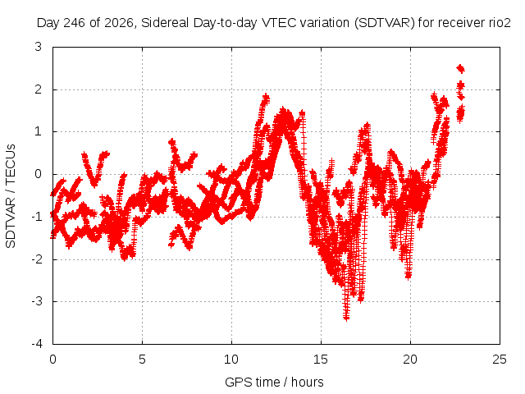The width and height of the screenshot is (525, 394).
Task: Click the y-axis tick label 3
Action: click(x=38, y=47)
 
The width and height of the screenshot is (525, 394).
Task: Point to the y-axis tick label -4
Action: click(x=36, y=344)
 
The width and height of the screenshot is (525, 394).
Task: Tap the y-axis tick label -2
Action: click(x=36, y=259)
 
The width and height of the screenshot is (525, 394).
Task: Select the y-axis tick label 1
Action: click(x=39, y=131)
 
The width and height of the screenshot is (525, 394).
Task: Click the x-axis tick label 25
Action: click(x=500, y=360)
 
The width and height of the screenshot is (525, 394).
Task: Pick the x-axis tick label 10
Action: click(x=231, y=360)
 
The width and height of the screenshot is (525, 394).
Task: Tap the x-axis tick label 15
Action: click(x=321, y=360)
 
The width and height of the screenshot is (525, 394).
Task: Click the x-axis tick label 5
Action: click(x=142, y=360)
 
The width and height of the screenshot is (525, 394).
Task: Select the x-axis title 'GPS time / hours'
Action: click(x=274, y=383)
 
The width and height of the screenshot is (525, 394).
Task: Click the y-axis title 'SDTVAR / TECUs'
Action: click(x=11, y=196)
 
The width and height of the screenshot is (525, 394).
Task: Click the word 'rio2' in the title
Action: click(x=500, y=23)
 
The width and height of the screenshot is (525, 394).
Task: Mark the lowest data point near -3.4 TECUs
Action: click(x=346, y=317)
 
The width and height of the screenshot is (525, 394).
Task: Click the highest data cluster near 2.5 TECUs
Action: click(x=461, y=68)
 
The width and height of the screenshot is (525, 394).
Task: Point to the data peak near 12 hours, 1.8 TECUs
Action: click(x=266, y=97)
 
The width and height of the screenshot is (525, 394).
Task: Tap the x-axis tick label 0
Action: click(x=52, y=360)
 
